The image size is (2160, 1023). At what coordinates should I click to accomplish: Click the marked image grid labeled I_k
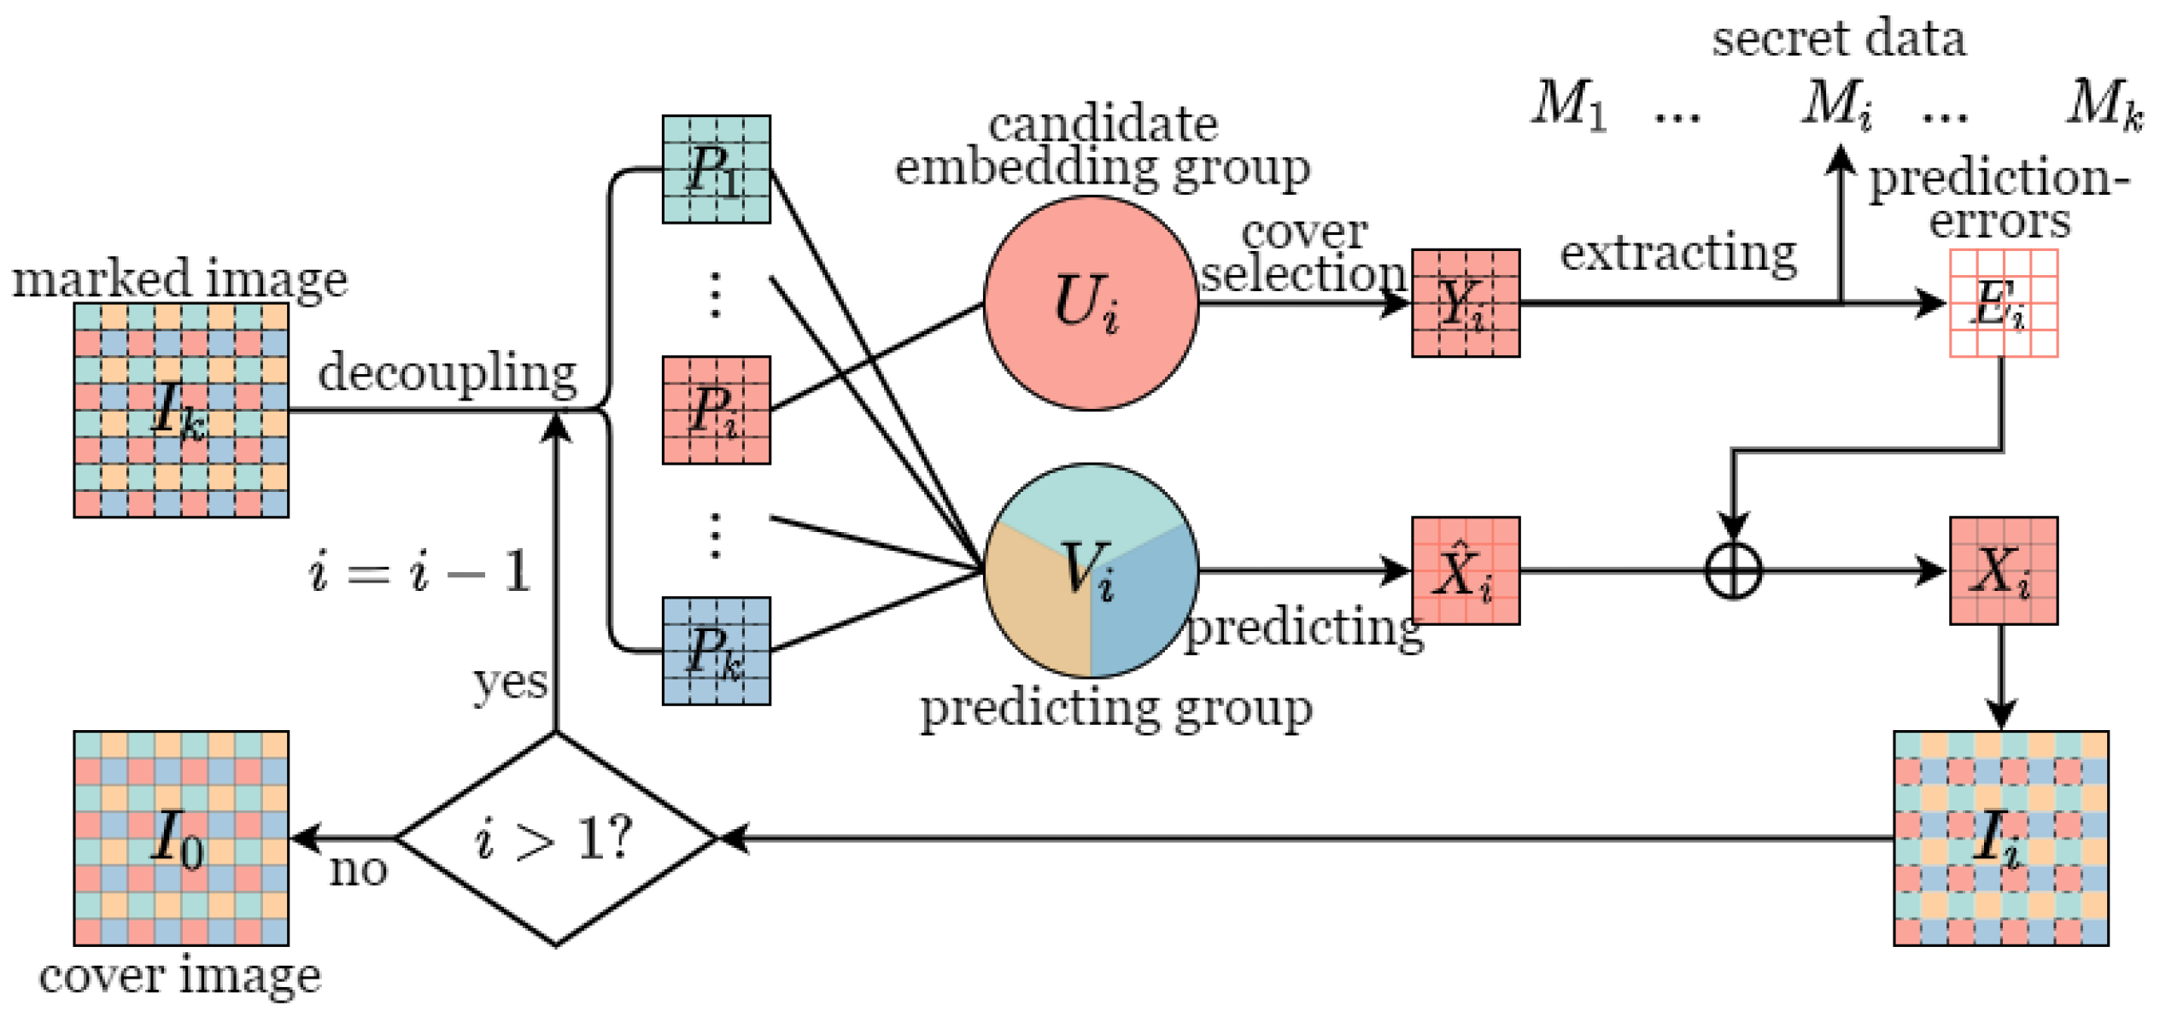(181, 410)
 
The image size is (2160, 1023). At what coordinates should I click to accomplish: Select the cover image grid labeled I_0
(181, 838)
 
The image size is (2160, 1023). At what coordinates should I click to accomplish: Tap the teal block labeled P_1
(716, 169)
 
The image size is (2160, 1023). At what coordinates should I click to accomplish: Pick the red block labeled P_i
(716, 410)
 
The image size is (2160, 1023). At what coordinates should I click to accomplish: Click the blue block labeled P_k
(716, 651)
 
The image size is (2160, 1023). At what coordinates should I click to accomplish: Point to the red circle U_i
(1090, 303)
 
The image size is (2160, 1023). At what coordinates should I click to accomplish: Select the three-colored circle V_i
(1090, 570)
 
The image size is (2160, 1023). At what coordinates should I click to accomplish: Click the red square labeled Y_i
(1465, 303)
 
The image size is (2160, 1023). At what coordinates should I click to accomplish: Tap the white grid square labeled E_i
(2003, 303)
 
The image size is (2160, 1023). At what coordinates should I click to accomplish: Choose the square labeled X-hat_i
(1465, 570)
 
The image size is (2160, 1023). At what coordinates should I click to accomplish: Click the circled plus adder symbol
(1732, 570)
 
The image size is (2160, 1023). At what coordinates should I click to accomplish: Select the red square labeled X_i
(2003, 570)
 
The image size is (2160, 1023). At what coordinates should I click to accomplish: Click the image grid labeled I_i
(2000, 838)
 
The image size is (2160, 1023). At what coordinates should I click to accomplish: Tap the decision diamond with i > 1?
(555, 838)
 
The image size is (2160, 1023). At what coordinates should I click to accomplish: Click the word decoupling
(448, 373)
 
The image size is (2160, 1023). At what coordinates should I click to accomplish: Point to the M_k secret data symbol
(2104, 104)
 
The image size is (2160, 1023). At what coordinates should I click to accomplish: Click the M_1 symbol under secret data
(1568, 104)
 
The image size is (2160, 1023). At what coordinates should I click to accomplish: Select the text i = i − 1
(419, 570)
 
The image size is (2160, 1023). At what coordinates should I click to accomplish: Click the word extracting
(1677, 253)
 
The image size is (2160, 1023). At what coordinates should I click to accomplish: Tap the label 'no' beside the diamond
(358, 870)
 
